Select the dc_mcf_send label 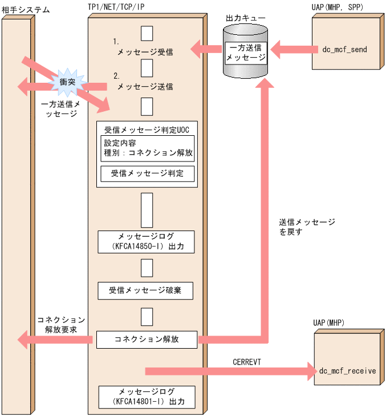[x=344, y=50]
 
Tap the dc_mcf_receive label [x=347, y=371]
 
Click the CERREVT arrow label [x=247, y=362]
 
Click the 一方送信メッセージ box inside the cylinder [x=246, y=53]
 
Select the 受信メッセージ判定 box [x=148, y=173]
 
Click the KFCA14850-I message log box [x=147, y=242]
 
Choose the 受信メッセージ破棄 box [x=147, y=290]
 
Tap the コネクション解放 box [x=147, y=339]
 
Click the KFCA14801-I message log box [x=147, y=397]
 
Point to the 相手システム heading [x=25, y=10]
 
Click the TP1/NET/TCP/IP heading [x=120, y=10]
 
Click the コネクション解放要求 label [x=62, y=324]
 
